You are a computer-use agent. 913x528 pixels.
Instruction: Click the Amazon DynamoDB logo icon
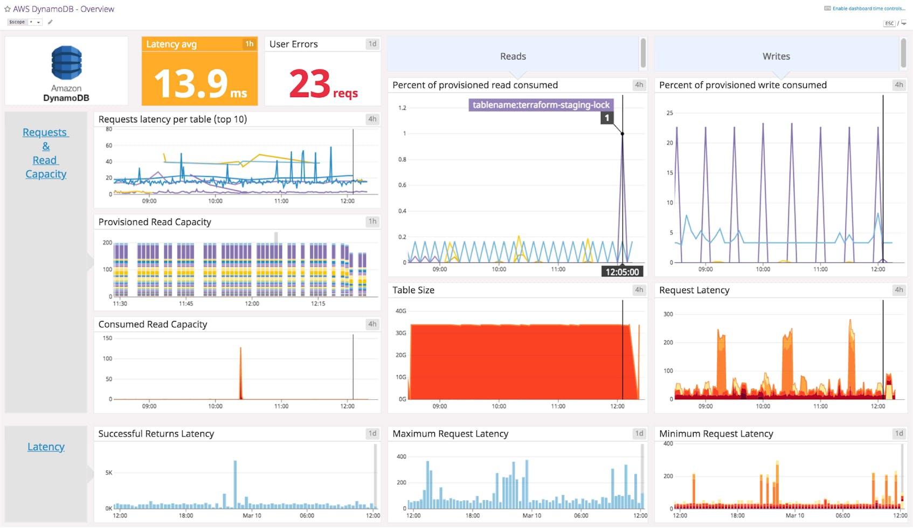click(66, 62)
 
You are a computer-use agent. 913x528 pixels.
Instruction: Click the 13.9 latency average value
click(191, 84)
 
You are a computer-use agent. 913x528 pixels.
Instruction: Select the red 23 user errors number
click(309, 84)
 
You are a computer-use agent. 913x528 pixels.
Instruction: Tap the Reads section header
click(513, 57)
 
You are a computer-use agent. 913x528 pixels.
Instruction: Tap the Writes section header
click(776, 57)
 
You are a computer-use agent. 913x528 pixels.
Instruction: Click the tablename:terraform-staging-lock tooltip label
click(541, 105)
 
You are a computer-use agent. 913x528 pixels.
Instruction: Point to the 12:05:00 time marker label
click(622, 272)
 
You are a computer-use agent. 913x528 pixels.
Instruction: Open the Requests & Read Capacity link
click(46, 153)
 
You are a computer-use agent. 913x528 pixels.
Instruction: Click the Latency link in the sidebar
click(46, 447)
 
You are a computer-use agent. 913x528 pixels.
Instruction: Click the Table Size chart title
click(413, 290)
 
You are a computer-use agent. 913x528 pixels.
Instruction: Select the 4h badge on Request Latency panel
click(899, 290)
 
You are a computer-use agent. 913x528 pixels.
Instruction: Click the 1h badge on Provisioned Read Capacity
click(372, 221)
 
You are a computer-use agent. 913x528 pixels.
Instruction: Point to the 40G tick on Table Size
click(401, 311)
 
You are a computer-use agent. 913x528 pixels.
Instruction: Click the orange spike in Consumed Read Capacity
click(240, 372)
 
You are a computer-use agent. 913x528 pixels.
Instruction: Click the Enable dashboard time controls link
click(868, 9)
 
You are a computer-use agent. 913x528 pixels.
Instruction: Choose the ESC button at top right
click(889, 23)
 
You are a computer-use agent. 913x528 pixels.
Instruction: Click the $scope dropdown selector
click(24, 22)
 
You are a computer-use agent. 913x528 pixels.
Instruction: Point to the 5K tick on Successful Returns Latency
click(109, 473)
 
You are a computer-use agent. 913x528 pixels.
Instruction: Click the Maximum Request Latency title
click(450, 434)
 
